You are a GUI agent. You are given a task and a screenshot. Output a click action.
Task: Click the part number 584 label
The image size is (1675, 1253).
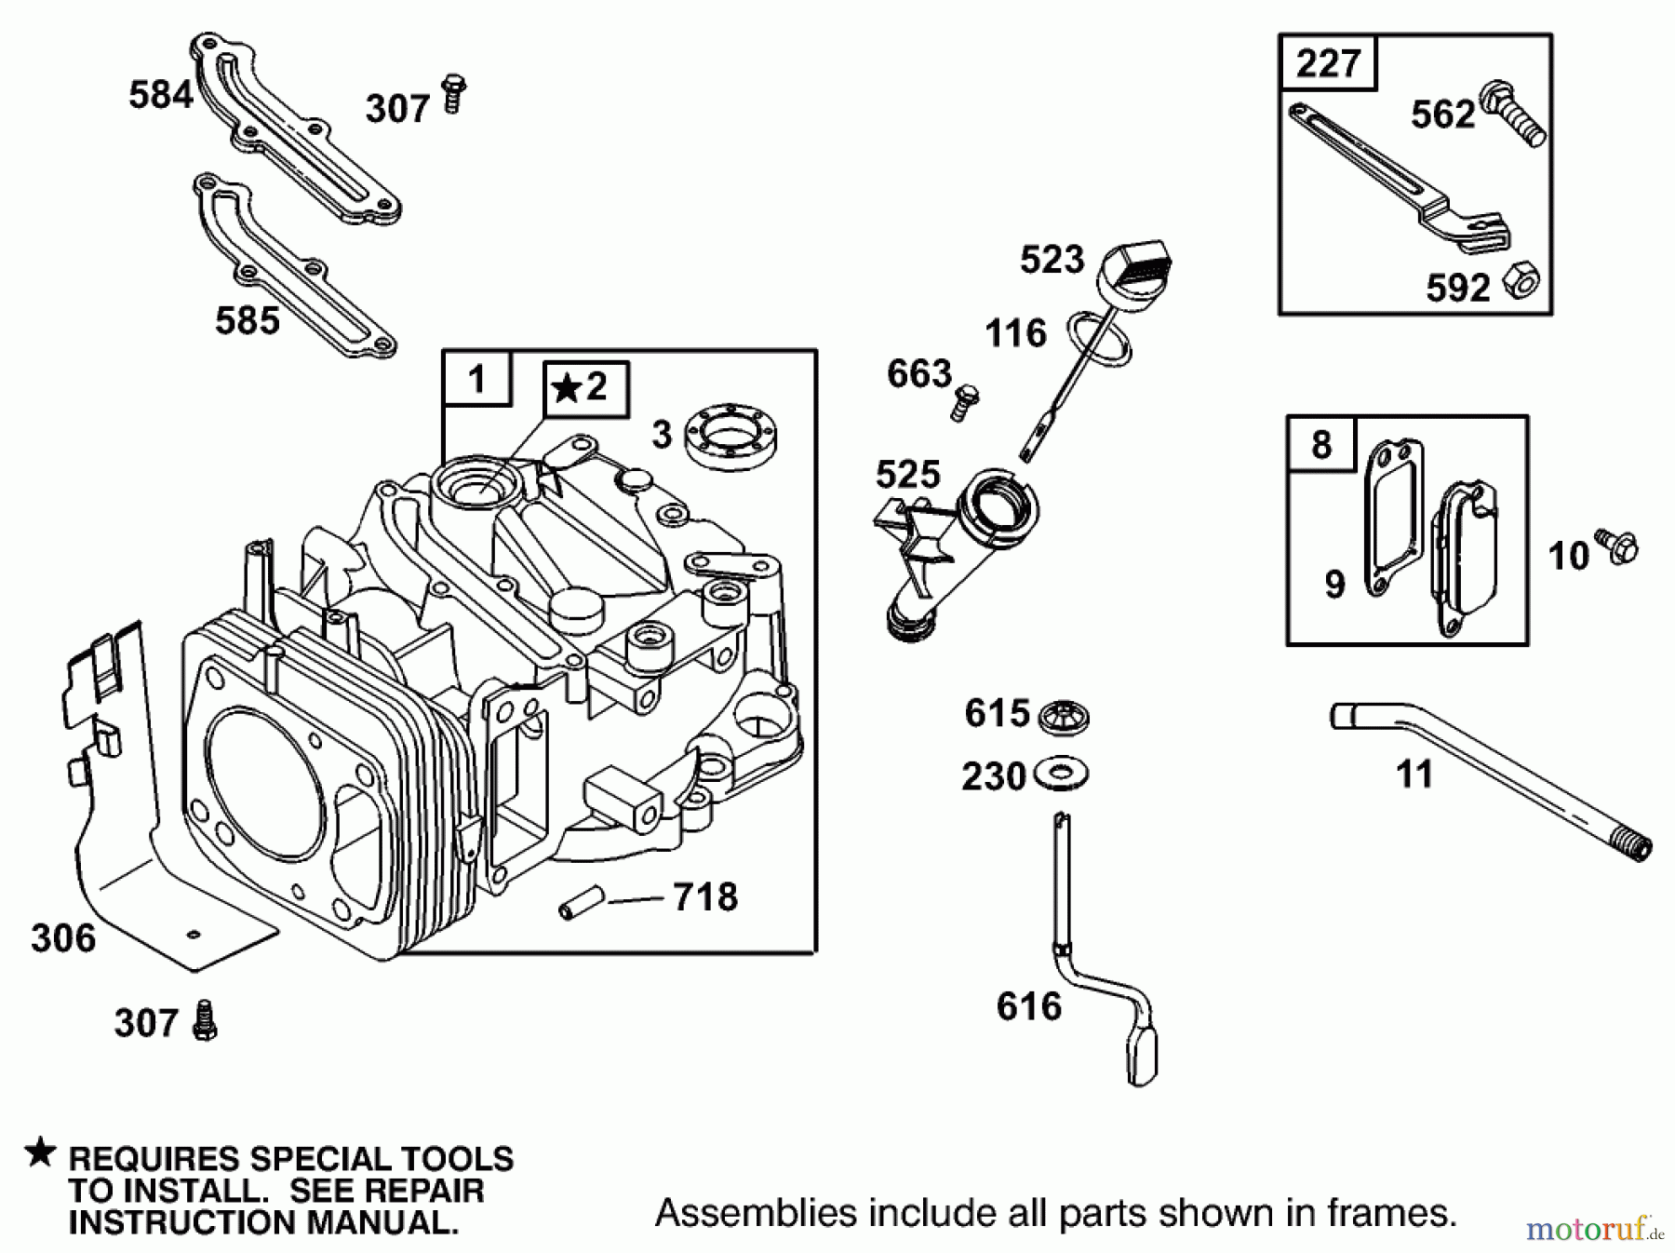pos(160,95)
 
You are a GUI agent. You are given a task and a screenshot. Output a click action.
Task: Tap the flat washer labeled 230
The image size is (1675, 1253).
pos(1061,774)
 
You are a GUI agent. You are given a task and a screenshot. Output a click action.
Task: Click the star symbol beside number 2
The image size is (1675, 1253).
pos(565,386)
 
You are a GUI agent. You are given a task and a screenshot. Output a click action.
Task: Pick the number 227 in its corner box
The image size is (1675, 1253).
pos(1328,63)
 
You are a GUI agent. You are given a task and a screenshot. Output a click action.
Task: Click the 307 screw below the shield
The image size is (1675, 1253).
pos(205,1021)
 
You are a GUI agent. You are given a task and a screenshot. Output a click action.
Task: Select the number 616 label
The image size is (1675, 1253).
pos(1028,1006)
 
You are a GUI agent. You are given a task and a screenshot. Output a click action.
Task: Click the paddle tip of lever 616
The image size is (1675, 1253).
pos(1143,1057)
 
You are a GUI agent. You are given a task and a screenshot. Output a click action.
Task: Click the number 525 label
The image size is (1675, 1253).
pos(907,475)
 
